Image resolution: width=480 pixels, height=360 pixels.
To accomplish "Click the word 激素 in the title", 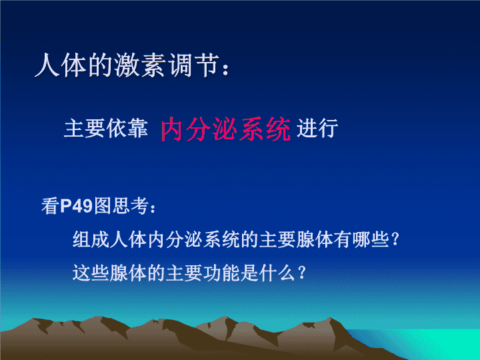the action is click(x=141, y=65).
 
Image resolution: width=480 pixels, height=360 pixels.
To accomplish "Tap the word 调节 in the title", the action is click(x=195, y=65).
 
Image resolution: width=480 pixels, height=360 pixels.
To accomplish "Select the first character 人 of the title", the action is click(x=47, y=65).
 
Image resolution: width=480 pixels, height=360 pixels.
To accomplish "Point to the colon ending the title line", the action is click(x=225, y=69).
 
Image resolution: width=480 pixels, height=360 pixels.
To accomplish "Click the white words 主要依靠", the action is click(x=106, y=128).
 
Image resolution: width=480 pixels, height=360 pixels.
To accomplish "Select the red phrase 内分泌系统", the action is click(x=225, y=129).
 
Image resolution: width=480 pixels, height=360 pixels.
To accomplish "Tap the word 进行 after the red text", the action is click(x=317, y=128).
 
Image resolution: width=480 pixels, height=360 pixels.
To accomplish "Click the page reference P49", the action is click(x=76, y=206).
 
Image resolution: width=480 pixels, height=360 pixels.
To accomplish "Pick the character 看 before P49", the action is click(x=50, y=206).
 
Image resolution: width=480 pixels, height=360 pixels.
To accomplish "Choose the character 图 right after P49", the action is click(x=103, y=206).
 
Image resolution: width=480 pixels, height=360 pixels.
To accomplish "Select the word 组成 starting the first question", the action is click(x=91, y=239).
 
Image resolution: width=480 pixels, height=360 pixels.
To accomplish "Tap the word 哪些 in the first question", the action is click(x=371, y=239).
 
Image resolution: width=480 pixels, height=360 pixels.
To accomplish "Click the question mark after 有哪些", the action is click(x=395, y=239).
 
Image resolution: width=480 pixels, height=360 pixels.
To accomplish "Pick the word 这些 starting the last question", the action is click(x=91, y=273).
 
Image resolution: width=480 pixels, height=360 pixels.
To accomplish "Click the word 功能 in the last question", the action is click(x=221, y=273).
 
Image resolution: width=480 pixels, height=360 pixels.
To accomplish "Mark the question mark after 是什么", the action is click(x=301, y=273).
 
